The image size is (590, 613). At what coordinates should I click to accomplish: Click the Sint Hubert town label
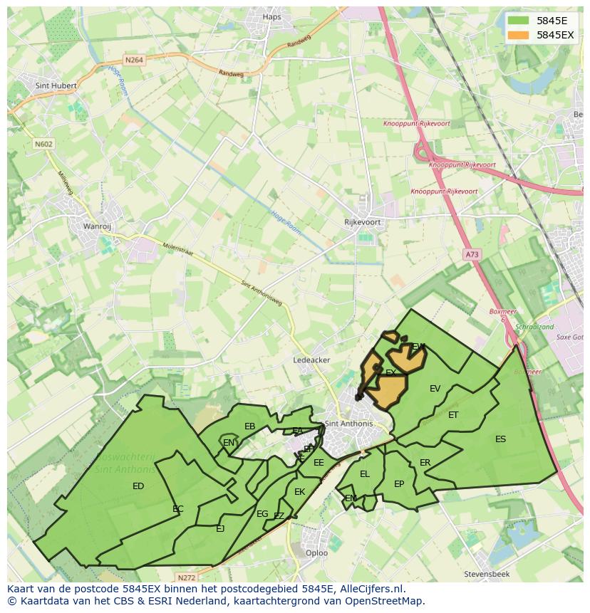55,85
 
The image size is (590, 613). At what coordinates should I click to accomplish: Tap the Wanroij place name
97,226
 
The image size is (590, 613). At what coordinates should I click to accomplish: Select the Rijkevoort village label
363,222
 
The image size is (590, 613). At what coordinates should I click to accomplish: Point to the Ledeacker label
311,360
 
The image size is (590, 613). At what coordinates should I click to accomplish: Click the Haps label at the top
272,17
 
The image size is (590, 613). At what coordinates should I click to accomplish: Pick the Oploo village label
316,552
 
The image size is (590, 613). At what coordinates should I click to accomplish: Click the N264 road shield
133,61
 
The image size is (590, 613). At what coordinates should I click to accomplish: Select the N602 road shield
43,144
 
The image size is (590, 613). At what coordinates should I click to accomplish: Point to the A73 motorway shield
471,254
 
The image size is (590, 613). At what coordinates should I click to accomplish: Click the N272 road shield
186,577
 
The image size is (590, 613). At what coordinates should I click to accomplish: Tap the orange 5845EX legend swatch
519,35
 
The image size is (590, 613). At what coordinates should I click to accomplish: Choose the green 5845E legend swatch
519,20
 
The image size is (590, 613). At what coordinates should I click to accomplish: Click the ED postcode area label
138,486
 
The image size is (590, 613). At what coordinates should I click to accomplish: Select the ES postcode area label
500,439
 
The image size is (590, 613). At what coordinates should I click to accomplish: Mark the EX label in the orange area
390,372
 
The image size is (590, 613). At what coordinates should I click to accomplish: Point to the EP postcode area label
399,484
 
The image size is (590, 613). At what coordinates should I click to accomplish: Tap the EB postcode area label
249,426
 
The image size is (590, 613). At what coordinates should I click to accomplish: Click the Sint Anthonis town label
348,424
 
